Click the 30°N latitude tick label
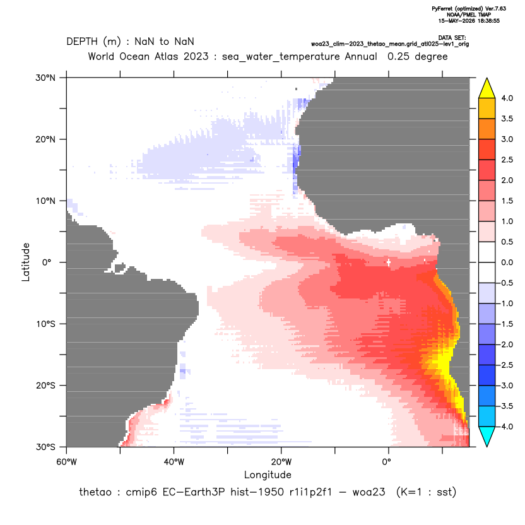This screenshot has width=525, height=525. [x=45, y=78]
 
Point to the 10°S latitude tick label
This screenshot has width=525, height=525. [x=45, y=324]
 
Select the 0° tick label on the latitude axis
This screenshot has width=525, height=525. [x=47, y=262]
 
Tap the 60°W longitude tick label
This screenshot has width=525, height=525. [x=67, y=462]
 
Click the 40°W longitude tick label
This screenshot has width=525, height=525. [x=174, y=462]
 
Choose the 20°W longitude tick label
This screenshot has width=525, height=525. [x=281, y=462]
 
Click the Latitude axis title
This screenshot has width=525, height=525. [x=26, y=262]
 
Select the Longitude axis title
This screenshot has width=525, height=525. [x=268, y=475]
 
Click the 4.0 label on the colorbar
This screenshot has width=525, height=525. [x=507, y=98]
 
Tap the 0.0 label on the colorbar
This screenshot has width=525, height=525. [x=507, y=262]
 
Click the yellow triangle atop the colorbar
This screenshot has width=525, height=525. [x=487, y=88]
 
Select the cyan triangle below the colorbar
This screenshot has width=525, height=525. [x=487, y=437]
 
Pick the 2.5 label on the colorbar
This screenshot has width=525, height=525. [x=507, y=160]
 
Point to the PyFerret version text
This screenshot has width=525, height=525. [x=469, y=9]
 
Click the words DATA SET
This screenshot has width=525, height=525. [x=452, y=38]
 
